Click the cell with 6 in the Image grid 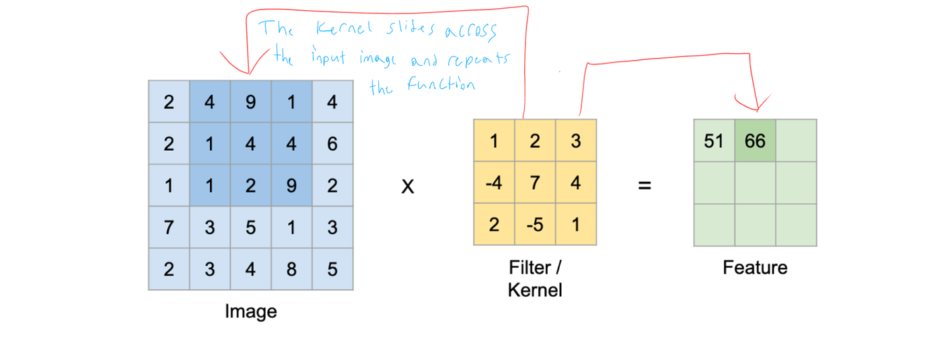(332, 143)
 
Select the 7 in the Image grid (168, 227)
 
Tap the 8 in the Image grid (291, 269)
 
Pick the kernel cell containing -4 (494, 183)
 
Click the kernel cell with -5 (535, 225)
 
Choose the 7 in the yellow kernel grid (535, 183)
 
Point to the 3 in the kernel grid (576, 141)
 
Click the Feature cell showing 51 (714, 141)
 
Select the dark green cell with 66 (755, 141)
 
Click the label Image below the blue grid (250, 312)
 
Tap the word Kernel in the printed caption (535, 291)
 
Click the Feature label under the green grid (755, 268)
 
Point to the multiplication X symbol (408, 186)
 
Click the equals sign (645, 185)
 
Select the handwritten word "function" (441, 85)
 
